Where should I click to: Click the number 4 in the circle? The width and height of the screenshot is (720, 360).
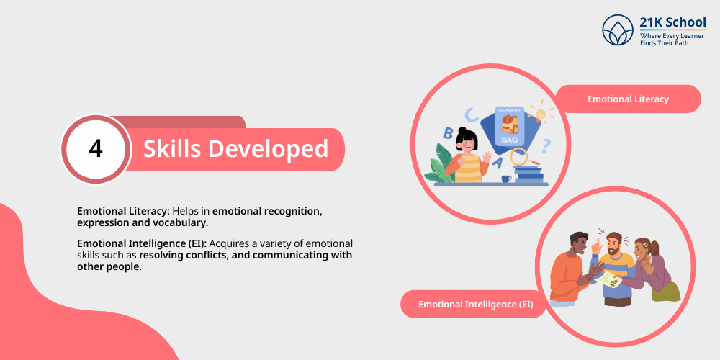point(96,149)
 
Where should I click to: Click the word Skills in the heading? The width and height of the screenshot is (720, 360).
point(172,148)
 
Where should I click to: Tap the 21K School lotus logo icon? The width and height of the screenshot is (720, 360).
point(618,30)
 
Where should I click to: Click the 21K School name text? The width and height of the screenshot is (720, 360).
point(672,22)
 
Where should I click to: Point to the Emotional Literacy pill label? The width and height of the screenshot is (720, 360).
point(628,99)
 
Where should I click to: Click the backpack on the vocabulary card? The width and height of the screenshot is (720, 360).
point(510,124)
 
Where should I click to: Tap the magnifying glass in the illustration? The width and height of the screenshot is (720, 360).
point(523,158)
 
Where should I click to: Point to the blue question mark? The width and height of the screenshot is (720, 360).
point(546,146)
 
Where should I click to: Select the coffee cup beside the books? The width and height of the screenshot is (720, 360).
point(505,177)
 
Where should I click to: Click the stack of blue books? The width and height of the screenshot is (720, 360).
point(528,174)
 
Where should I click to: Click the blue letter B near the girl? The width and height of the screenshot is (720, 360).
point(447,133)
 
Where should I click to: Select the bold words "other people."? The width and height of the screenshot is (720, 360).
point(109,267)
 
